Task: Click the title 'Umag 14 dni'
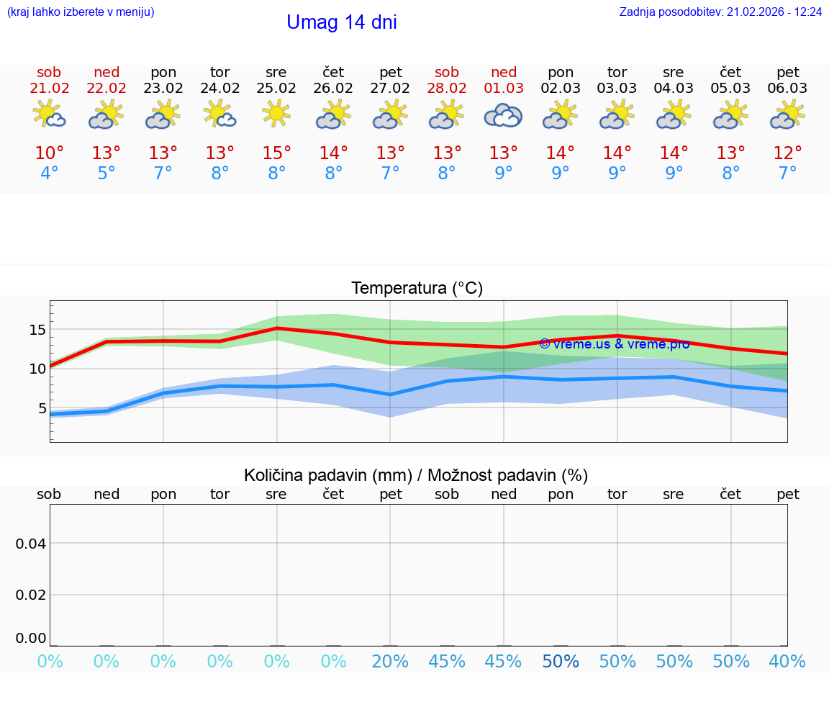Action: pos(342,22)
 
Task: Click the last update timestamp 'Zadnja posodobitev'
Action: pos(720,12)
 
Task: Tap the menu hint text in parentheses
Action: pos(81,12)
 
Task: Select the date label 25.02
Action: pos(276,89)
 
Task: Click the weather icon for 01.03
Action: pos(504,115)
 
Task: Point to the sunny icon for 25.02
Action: pos(276,114)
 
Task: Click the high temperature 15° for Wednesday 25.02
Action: pos(276,153)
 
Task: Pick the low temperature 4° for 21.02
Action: pos(49,174)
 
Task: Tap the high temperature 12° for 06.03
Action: pos(787,153)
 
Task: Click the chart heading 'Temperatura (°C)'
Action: pos(417,289)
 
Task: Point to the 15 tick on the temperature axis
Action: pos(37,330)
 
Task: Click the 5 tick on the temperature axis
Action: pos(41,408)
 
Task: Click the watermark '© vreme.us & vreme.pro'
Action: pos(614,344)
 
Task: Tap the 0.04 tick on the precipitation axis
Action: pos(32,543)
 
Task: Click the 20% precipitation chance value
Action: pos(391,661)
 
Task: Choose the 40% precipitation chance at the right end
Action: pos(787,661)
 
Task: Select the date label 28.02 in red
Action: pos(447,89)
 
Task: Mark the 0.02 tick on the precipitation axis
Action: pos(32,594)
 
